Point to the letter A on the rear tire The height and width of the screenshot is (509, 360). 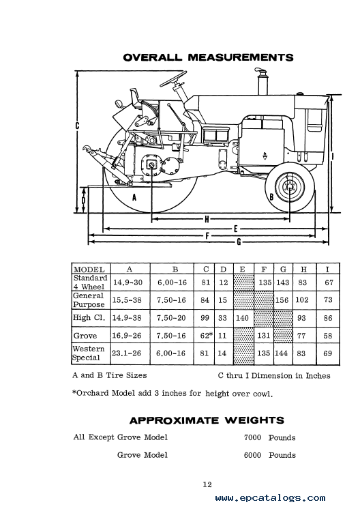[134, 197]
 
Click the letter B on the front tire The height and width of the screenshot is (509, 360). [272, 197]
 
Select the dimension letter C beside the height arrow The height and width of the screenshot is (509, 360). [77, 126]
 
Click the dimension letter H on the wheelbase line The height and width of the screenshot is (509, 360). [207, 220]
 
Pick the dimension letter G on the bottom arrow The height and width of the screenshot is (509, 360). [239, 242]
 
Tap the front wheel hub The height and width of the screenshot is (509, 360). [290, 187]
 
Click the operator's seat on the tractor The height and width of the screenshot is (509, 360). [135, 98]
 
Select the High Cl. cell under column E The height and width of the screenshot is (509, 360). [242, 318]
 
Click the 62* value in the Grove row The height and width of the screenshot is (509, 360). [207, 335]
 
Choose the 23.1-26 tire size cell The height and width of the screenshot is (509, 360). [127, 353]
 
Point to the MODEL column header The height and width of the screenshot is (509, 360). [89, 270]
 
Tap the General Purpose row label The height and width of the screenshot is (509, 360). [89, 300]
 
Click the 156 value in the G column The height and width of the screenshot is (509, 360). [282, 300]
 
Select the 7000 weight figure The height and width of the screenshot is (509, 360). [252, 437]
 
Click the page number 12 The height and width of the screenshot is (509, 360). [207, 484]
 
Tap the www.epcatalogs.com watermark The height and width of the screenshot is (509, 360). [270, 498]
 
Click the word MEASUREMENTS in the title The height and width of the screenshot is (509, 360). [241, 57]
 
